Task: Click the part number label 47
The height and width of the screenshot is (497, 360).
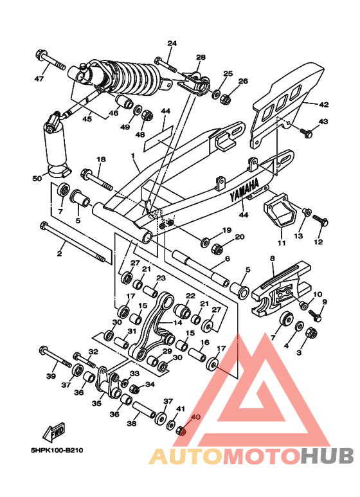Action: pos(39,78)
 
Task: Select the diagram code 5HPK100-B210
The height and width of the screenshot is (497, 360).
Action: pos(57,450)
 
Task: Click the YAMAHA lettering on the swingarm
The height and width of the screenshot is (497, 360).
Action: pos(244,190)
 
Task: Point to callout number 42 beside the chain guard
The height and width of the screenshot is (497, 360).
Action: pos(324,104)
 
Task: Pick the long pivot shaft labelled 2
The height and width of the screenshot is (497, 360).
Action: pos(73,242)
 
